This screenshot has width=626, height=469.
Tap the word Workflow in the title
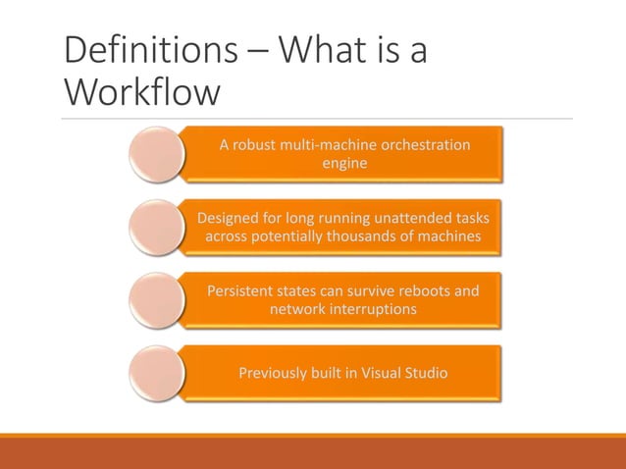coord(140,93)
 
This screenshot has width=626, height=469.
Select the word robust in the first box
coord(256,145)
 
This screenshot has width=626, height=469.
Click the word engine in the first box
coord(344,163)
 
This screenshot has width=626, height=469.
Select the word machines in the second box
coord(451,235)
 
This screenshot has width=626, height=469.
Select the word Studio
coord(425,373)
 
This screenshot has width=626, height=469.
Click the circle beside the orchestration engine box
coord(156,153)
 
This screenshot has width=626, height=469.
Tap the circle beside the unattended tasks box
coord(156,227)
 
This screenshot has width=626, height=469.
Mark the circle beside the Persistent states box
coord(156,299)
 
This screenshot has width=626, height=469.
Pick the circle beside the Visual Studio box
coord(156,372)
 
